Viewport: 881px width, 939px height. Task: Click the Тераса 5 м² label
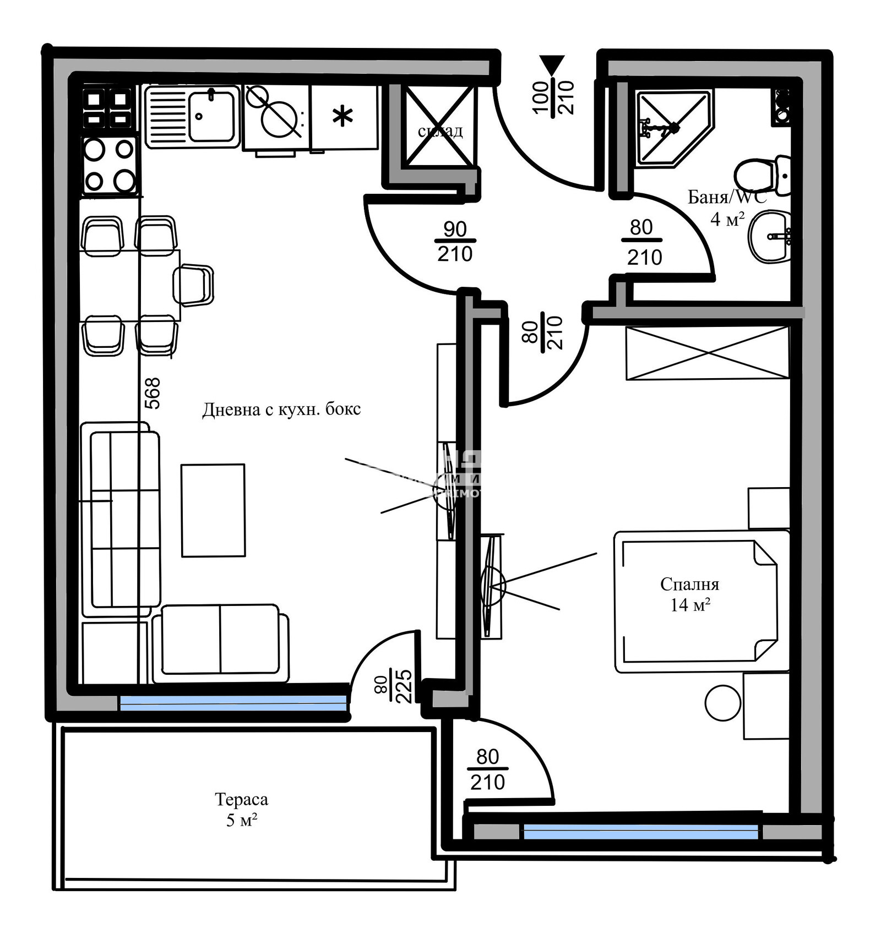pyautogui.click(x=241, y=809)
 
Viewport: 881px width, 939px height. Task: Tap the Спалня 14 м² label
pyautogui.click(x=689, y=594)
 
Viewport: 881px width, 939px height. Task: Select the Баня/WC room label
pyautogui.click(x=727, y=197)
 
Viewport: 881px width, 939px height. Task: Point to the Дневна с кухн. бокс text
pyautogui.click(x=281, y=410)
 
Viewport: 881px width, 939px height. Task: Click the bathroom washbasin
pyautogui.click(x=769, y=237)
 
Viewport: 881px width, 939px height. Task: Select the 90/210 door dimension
pyautogui.click(x=455, y=241)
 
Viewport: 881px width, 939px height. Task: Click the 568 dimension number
pyautogui.click(x=152, y=393)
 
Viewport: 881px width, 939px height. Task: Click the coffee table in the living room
pyautogui.click(x=213, y=510)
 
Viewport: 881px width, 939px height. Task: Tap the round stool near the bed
pyautogui.click(x=722, y=703)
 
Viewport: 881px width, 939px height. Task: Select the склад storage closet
pyautogui.click(x=439, y=127)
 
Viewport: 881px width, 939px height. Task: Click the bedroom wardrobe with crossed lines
pyautogui.click(x=708, y=353)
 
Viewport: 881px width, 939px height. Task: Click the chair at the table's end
pyautogui.click(x=193, y=285)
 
